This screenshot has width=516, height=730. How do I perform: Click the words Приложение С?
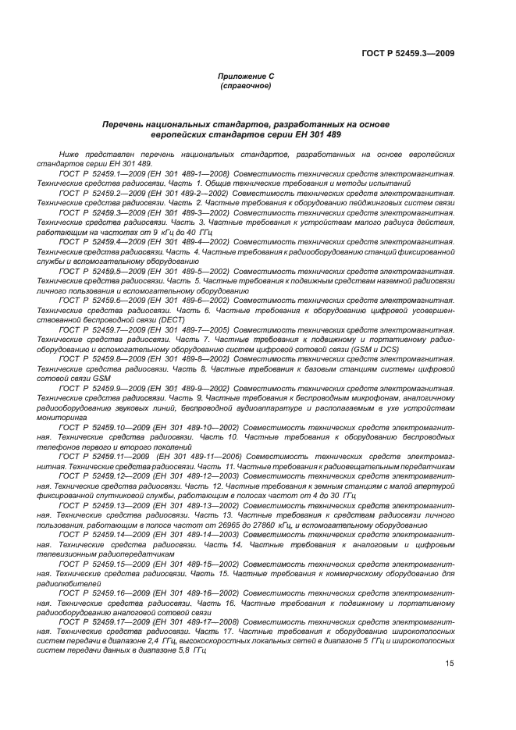245,76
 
